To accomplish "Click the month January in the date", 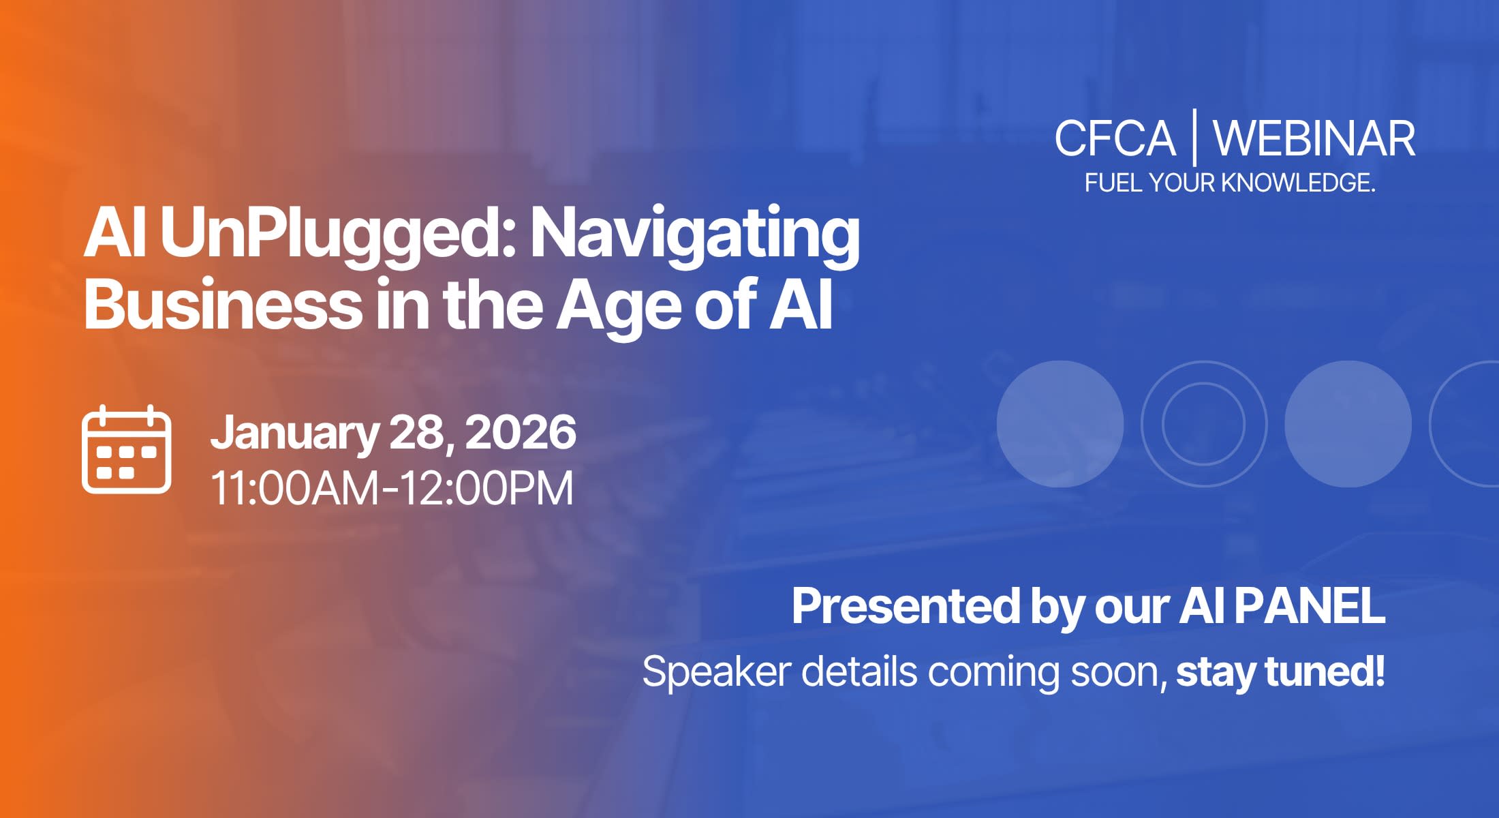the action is coord(294,434).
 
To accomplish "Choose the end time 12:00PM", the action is coord(486,488).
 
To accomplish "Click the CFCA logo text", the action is coord(1115,138).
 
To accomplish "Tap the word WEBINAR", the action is coord(1314,138).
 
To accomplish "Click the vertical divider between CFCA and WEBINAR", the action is coord(1194,137).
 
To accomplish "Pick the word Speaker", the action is coord(717,671).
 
